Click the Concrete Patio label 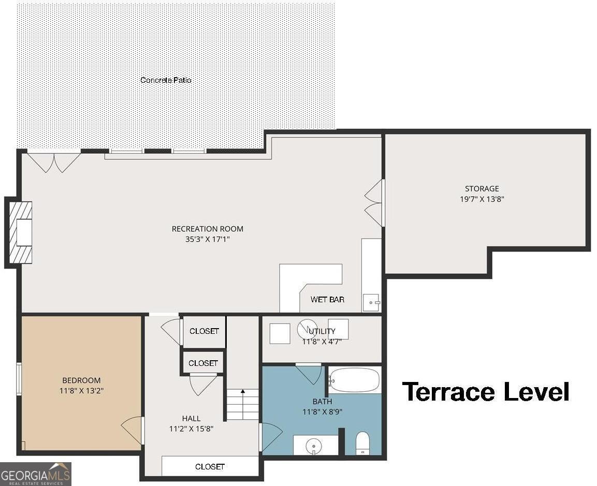tap(166, 80)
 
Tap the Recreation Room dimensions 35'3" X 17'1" tap(208, 240)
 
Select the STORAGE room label tap(482, 188)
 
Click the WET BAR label tap(327, 300)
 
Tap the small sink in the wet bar tap(372, 303)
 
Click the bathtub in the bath tap(354, 380)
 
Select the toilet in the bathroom tap(362, 444)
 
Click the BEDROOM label tap(81, 380)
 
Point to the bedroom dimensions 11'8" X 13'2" tap(81, 390)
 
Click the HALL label tap(191, 418)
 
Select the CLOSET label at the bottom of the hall tap(210, 466)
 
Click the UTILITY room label tap(322, 331)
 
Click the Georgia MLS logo tap(35, 474)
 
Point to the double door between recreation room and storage tap(375, 203)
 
